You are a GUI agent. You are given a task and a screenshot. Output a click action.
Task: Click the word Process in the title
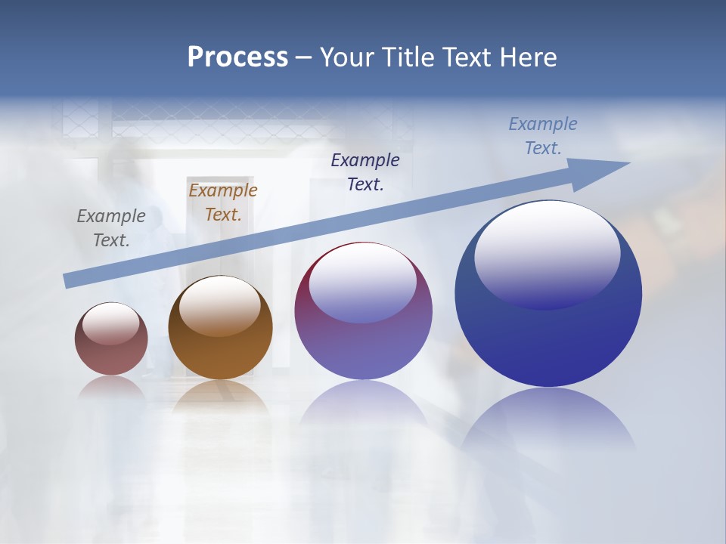click(237, 57)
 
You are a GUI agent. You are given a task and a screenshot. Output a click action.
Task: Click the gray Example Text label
click(111, 228)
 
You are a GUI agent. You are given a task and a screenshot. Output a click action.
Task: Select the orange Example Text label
click(223, 202)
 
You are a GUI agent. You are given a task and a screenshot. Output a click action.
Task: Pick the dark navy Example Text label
click(365, 172)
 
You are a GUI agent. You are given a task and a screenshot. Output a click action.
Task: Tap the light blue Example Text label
click(543, 136)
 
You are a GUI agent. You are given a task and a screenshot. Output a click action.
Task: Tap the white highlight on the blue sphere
click(548, 253)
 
